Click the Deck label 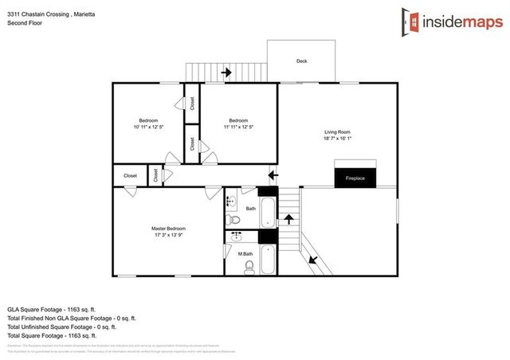click(x=301, y=61)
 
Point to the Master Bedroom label click(x=168, y=228)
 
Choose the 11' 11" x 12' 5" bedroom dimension click(x=238, y=127)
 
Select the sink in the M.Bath click(x=235, y=237)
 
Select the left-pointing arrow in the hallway click(x=273, y=174)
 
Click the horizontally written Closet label click(x=130, y=175)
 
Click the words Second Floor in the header click(x=25, y=23)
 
